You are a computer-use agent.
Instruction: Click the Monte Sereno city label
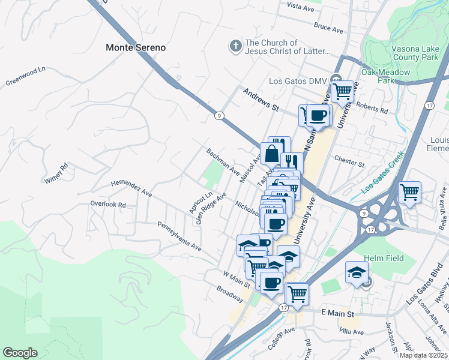(135, 47)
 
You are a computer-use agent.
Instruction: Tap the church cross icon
(235, 46)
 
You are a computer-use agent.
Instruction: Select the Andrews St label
(262, 100)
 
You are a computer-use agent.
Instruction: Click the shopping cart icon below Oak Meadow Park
(342, 92)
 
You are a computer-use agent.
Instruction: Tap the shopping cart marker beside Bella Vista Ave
(409, 193)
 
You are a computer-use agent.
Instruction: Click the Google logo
(20, 353)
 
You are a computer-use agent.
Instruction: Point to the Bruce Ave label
(328, 28)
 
